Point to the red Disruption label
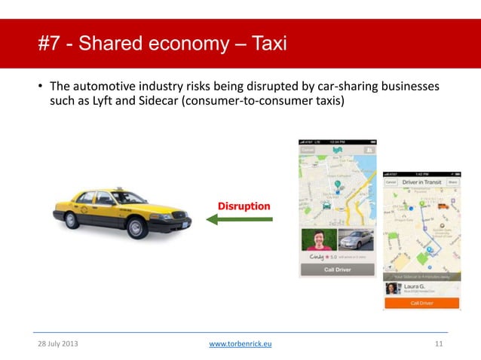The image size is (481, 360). pos(244,206)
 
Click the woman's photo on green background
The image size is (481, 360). pos(317,239)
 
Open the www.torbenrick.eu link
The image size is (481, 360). pos(240,343)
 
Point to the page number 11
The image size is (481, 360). pos(439,343)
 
